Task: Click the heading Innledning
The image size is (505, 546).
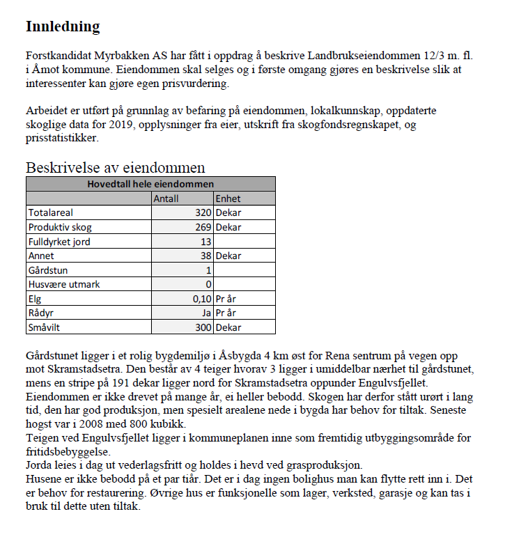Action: [x=63, y=26]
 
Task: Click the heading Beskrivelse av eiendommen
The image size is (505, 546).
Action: [x=115, y=167]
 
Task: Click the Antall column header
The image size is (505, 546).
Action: [x=166, y=198]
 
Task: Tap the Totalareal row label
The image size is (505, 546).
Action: [x=51, y=212]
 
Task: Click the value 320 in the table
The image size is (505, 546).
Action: [x=203, y=212]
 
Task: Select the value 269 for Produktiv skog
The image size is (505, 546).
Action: [x=203, y=227]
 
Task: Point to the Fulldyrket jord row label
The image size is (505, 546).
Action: [x=59, y=242]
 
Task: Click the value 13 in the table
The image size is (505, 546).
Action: [x=205, y=242]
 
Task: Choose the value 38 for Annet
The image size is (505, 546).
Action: [x=205, y=256]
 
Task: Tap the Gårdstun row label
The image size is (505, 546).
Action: [x=48, y=270]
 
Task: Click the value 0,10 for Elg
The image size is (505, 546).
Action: [x=201, y=299]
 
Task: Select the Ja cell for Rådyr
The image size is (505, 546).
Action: [x=206, y=313]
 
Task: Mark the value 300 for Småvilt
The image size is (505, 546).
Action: [x=203, y=327]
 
